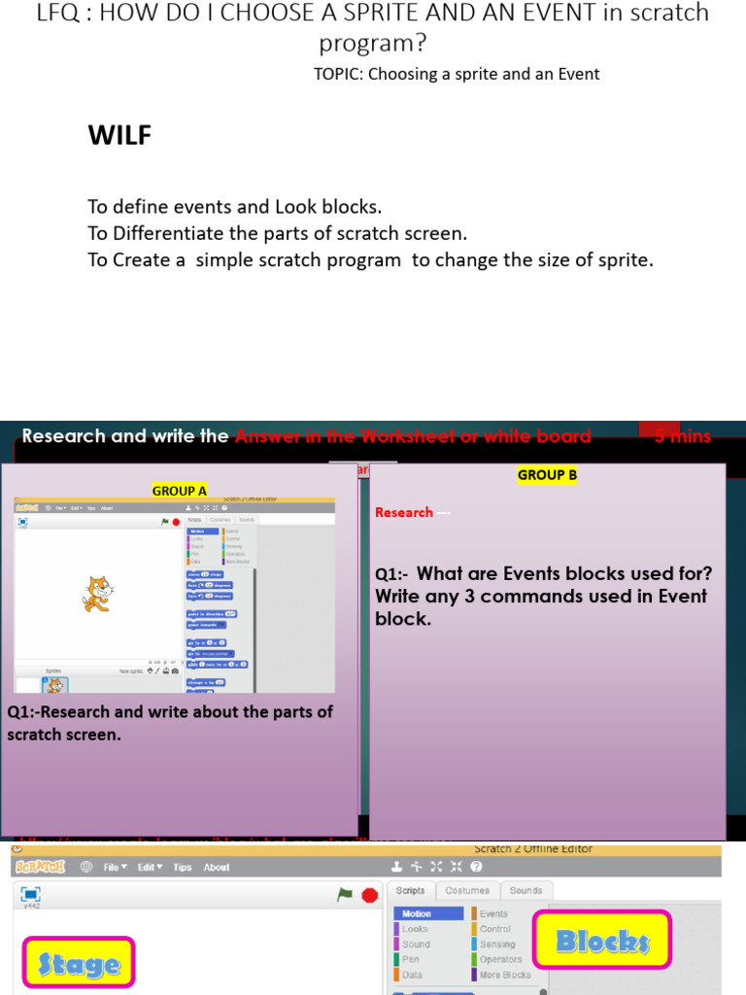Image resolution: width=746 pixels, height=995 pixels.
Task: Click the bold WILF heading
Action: tap(120, 135)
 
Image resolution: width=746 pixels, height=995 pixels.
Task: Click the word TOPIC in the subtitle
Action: tap(338, 74)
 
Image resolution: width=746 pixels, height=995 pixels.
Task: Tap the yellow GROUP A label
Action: tap(180, 491)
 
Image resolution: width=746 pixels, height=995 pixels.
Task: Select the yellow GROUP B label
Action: tap(547, 475)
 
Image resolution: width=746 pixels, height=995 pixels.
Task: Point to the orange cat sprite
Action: tap(97, 594)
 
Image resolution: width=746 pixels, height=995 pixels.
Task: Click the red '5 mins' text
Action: tap(682, 436)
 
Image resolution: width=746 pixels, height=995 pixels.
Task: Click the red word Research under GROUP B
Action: tap(404, 512)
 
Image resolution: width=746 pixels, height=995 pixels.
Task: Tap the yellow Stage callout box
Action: tap(79, 964)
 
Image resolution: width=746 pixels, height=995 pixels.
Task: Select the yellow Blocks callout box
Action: tap(602, 940)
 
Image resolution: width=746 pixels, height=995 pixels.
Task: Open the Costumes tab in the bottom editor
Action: tap(467, 890)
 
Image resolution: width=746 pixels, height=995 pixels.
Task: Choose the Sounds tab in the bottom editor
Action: tap(526, 890)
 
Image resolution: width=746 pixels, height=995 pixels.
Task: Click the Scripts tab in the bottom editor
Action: tap(411, 890)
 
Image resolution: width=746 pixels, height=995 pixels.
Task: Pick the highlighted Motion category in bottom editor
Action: tap(427, 913)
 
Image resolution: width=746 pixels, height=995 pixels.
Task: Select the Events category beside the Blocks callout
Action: tap(493, 913)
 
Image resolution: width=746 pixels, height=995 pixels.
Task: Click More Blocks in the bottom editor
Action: tap(504, 975)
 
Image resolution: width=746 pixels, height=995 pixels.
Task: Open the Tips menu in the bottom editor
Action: tap(183, 868)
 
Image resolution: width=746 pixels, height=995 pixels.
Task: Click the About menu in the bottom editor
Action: tap(217, 868)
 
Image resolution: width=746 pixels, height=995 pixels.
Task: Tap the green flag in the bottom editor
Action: tap(345, 894)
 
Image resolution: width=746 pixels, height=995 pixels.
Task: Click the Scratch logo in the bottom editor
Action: tap(40, 867)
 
